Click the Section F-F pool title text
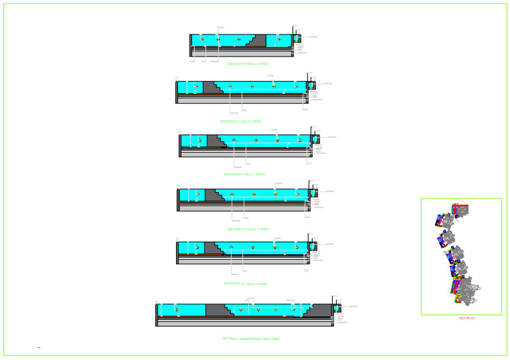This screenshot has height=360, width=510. coord(247,64)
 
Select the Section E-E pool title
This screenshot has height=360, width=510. coord(240,122)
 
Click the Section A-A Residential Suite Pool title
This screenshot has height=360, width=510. coord(250,339)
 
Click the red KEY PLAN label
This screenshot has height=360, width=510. coord(467,318)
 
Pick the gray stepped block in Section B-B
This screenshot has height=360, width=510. coord(212,248)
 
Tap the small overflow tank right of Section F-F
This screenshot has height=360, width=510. coord(297,38)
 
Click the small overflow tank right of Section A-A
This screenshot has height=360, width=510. coord(337,308)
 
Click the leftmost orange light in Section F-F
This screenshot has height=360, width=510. coord(202,39)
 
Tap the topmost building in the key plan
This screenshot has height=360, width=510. coord(460,211)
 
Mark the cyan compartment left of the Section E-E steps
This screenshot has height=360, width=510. coord(189,87)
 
